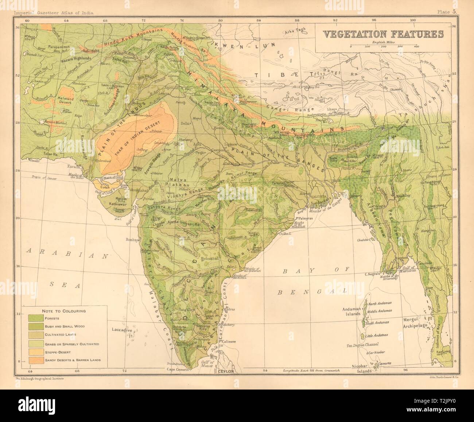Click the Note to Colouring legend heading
point(64,311)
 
